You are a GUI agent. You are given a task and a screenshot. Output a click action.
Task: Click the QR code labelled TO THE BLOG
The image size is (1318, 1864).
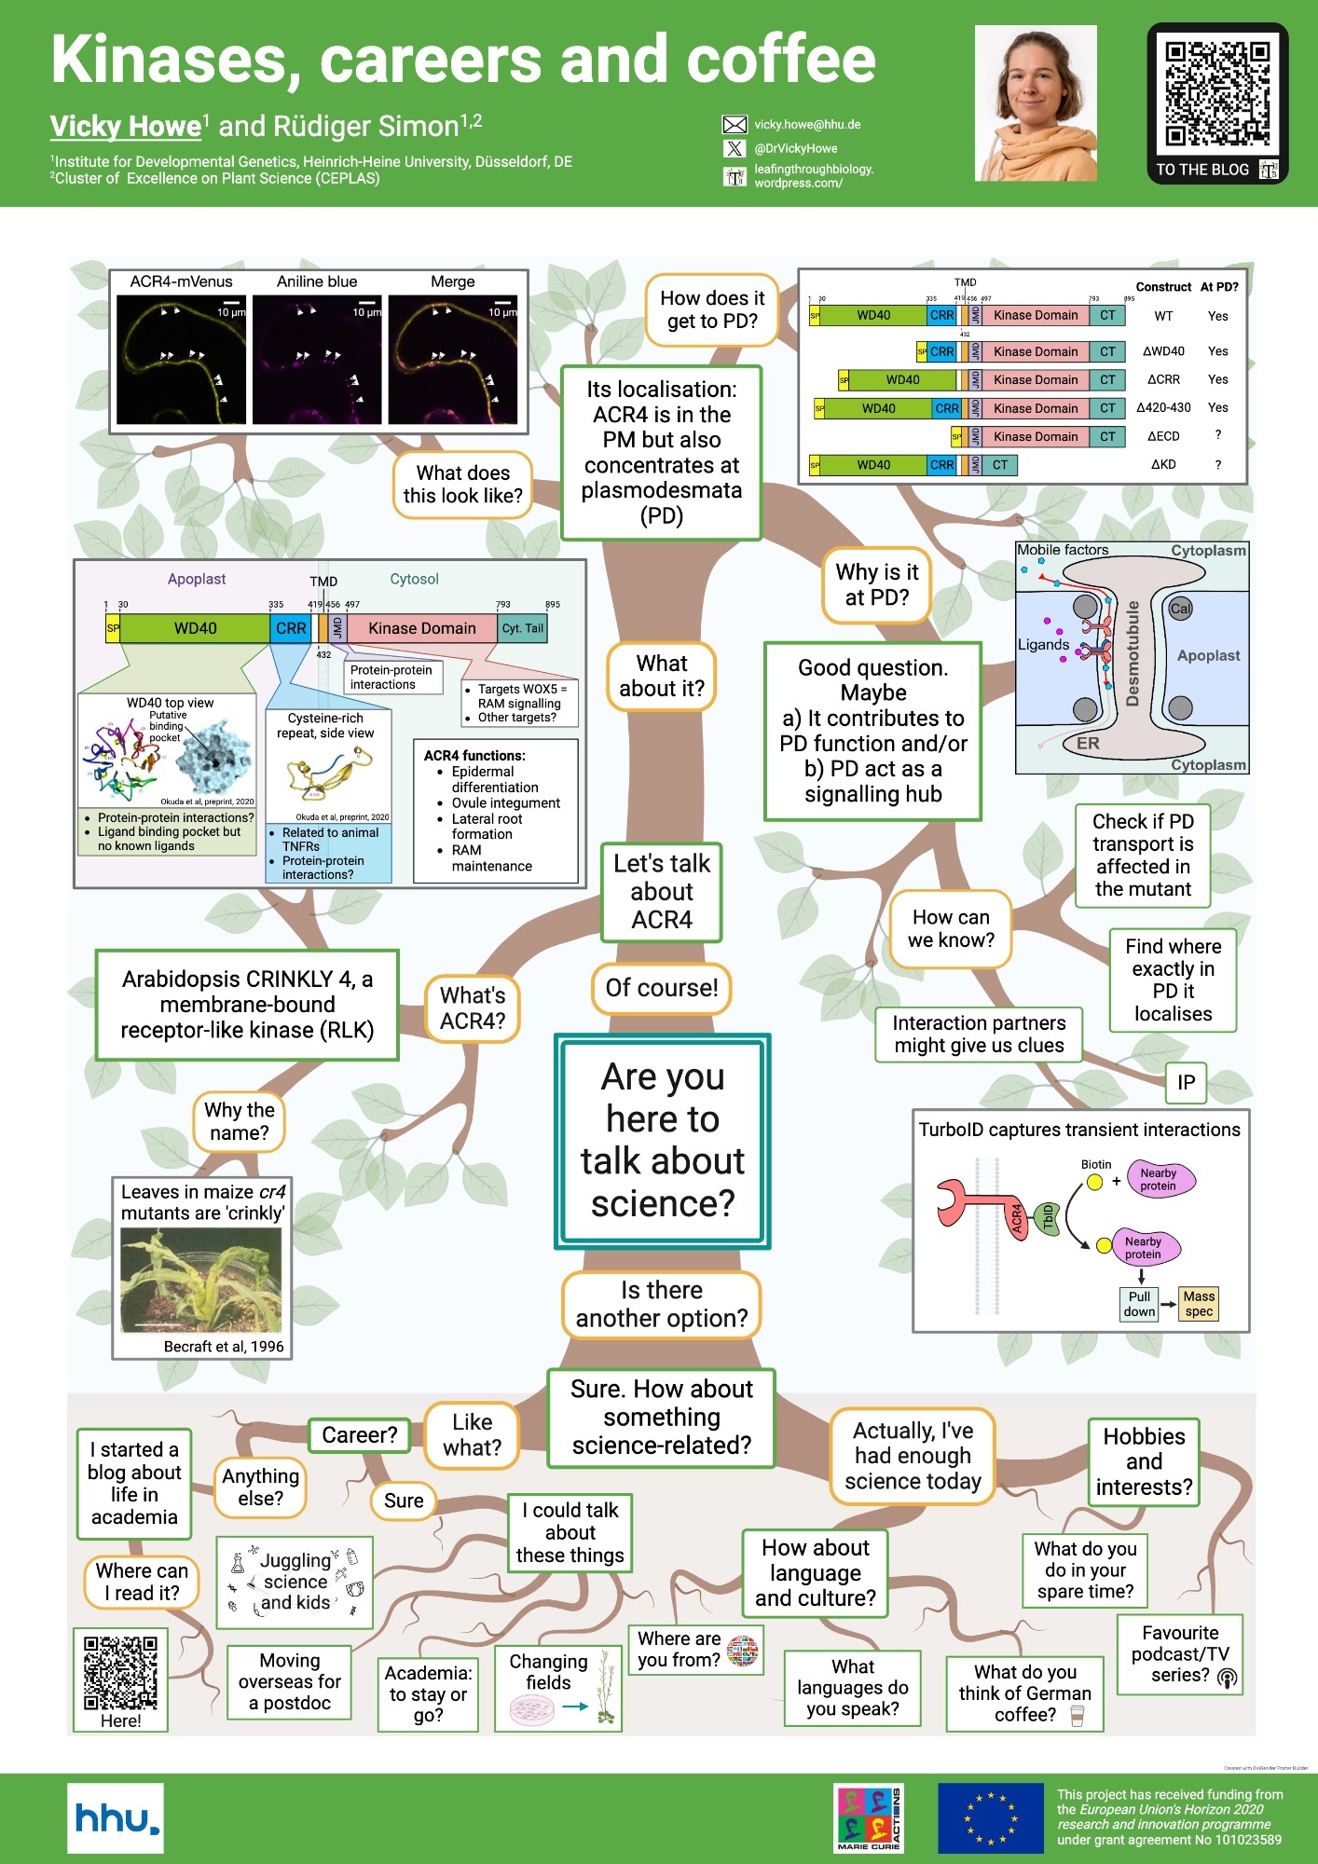(1216, 94)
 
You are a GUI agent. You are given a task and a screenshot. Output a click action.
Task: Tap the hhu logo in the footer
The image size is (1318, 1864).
(116, 1818)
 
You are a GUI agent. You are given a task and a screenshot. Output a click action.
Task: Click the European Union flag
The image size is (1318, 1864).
(990, 1818)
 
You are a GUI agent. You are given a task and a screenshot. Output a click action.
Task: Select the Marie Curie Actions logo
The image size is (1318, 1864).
(869, 1817)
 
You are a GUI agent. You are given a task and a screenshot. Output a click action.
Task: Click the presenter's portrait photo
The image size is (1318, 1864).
(1036, 103)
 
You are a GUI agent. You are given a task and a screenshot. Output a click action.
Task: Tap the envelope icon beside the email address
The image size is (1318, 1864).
(735, 125)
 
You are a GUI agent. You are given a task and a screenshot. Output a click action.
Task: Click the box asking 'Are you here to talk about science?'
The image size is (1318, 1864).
(663, 1141)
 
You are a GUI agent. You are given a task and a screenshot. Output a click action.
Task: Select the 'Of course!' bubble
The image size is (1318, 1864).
(662, 988)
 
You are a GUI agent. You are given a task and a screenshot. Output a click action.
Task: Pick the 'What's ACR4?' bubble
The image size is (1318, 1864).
(473, 1008)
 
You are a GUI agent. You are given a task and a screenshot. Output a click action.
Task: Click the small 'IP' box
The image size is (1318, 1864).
(1186, 1082)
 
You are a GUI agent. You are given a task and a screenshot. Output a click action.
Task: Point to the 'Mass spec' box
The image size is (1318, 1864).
(1199, 1304)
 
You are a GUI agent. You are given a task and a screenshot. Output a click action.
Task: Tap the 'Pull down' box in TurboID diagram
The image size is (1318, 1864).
(1139, 1304)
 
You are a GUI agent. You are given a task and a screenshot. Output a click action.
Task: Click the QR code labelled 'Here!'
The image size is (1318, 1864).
(120, 1673)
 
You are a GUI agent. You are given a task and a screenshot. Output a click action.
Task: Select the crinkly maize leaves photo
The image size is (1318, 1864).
(201, 1281)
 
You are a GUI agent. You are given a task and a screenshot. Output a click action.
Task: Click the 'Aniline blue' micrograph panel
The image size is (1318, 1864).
(317, 360)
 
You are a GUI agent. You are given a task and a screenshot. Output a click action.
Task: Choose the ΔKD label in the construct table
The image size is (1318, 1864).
(1163, 464)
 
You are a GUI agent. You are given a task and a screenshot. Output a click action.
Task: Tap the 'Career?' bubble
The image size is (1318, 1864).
(360, 1435)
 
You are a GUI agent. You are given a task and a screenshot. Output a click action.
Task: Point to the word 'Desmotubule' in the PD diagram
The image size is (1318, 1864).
(1133, 654)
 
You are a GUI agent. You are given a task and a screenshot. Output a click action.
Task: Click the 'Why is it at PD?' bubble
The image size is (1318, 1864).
(877, 584)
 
